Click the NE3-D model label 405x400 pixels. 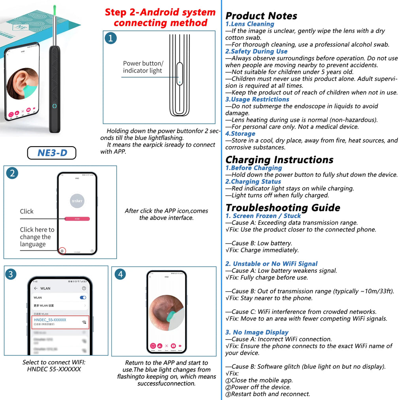click(x=51, y=153)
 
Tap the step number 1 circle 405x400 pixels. click(x=111, y=38)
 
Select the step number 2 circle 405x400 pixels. click(x=12, y=173)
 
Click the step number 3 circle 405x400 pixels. click(x=11, y=274)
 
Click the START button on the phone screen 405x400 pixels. click(x=77, y=201)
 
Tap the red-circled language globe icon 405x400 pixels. click(x=62, y=251)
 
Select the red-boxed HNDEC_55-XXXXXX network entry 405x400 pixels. click(x=60, y=322)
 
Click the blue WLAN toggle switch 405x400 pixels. click(x=83, y=298)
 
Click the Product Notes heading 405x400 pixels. click(x=261, y=16)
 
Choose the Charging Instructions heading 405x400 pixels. click(x=279, y=160)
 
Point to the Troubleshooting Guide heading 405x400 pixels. click(x=283, y=208)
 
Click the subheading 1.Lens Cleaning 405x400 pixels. click(x=250, y=24)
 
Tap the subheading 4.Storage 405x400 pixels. click(x=240, y=134)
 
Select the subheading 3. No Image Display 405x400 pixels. click(x=257, y=332)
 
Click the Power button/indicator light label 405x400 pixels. click(x=143, y=67)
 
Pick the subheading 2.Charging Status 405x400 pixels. click(x=253, y=182)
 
